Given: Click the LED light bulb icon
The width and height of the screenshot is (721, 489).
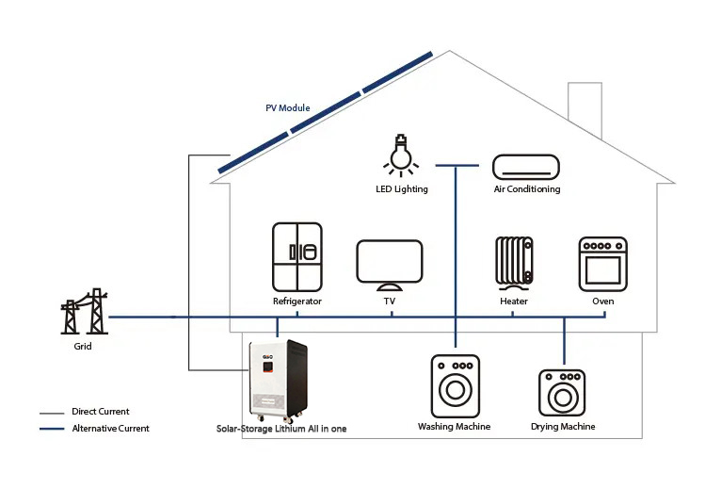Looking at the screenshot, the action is tap(401, 155).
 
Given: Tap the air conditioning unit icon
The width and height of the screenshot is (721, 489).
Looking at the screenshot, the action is tap(526, 167).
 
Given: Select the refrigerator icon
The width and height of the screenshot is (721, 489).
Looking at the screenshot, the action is tap(297, 257).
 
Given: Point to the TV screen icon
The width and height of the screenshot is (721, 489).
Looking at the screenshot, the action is tap(390, 265).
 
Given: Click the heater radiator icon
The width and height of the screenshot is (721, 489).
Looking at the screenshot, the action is tap(514, 264).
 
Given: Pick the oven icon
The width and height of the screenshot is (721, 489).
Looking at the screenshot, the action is tap(602, 265).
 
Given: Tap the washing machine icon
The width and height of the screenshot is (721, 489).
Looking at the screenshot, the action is tap(456, 386).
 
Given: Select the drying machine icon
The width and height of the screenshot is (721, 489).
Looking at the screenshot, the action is tap(562, 393).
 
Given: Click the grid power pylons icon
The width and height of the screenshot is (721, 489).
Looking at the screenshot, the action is tap(84, 311).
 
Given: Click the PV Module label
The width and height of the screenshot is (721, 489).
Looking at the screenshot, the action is tap(288, 107).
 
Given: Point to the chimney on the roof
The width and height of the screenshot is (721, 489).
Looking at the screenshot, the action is tap(585, 109).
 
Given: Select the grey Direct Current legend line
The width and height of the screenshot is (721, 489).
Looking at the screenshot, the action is tap(52, 413).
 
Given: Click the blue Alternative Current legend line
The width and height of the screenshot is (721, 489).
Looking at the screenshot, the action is tap(52, 429).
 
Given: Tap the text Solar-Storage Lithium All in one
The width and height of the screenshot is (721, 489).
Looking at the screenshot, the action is tap(281, 429).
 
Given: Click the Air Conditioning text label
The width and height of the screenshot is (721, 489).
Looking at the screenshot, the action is tap(527, 188).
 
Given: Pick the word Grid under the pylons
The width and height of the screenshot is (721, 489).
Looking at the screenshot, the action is tap(83, 347).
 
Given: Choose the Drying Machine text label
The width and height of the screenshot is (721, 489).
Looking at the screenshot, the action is tap(563, 427).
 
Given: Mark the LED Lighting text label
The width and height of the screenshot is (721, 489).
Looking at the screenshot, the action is tap(402, 189).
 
